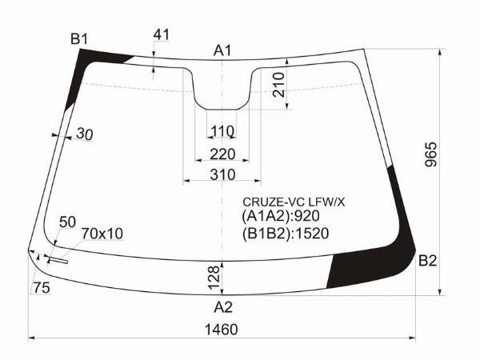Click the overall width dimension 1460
pyautogui.click(x=221, y=330)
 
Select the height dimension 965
pyautogui.click(x=431, y=154)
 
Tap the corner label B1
pyautogui.click(x=79, y=39)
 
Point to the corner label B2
pyautogui.click(x=427, y=261)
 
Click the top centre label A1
pyautogui.click(x=222, y=50)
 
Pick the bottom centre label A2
pyautogui.click(x=223, y=307)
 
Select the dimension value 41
pyautogui.click(x=161, y=34)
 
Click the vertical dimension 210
pyautogui.click(x=278, y=85)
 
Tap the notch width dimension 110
pyautogui.click(x=222, y=132)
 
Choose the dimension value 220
pyautogui.click(x=222, y=154)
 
